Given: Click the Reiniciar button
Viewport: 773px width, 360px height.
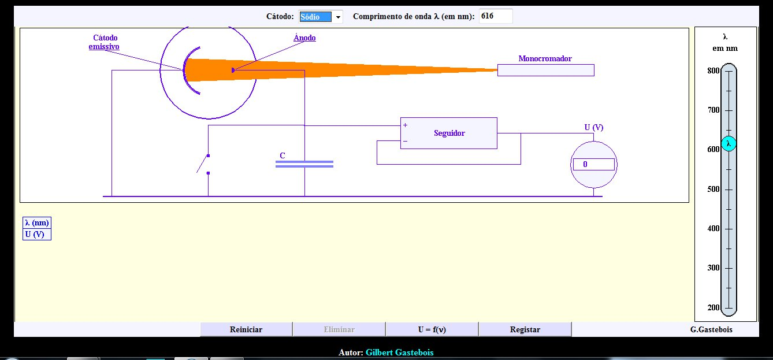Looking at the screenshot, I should click(x=246, y=329).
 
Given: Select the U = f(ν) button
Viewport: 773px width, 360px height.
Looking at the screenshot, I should click(x=432, y=329).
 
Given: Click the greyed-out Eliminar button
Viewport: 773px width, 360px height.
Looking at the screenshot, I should click(x=339, y=329).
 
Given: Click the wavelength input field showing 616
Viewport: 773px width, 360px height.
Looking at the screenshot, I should click(x=496, y=16).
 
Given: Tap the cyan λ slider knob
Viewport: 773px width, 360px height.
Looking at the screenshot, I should click(x=729, y=143).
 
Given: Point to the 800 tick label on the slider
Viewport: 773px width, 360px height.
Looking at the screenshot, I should click(x=713, y=71).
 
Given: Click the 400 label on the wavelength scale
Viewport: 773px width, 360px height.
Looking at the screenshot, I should click(x=713, y=229).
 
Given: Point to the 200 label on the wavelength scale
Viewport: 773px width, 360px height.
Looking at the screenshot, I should click(x=713, y=307).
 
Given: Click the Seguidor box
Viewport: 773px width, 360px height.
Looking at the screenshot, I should click(x=449, y=133).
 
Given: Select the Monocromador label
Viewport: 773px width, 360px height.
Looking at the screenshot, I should click(x=545, y=58).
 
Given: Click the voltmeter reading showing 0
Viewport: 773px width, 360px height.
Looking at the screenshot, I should click(x=593, y=165).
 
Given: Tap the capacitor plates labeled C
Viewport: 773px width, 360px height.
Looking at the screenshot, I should click(x=304, y=164).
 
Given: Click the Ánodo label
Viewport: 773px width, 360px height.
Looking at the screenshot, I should click(x=304, y=38).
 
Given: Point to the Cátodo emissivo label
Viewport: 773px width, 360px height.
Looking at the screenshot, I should click(x=105, y=42).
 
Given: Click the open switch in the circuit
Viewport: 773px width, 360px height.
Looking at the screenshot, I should click(x=205, y=164).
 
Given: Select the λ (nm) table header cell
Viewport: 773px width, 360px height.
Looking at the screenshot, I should click(x=37, y=223).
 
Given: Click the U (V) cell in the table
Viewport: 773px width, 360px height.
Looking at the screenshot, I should click(x=37, y=234).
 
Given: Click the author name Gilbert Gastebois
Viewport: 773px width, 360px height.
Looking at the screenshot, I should click(x=399, y=352).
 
